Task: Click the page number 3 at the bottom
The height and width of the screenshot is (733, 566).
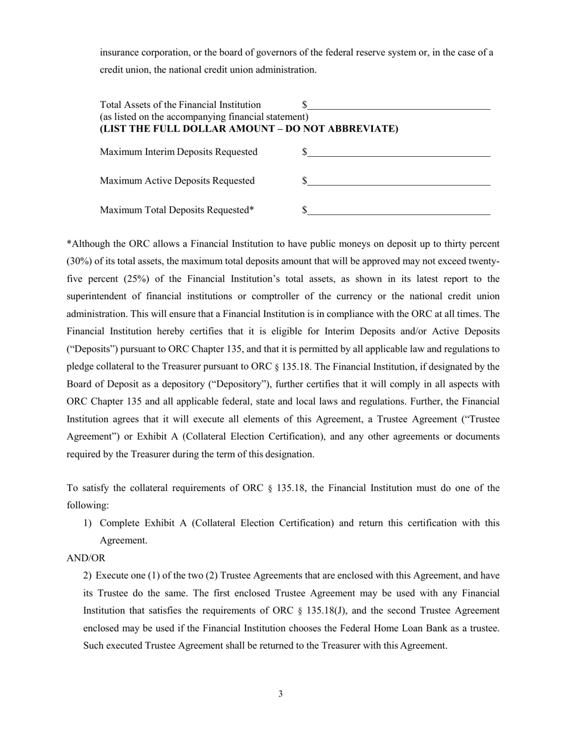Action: click(280, 694)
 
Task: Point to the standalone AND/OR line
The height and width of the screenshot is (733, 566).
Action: click(86, 558)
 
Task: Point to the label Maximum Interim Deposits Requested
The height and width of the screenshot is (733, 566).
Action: click(179, 152)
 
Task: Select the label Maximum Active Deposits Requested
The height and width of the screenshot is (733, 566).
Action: click(177, 181)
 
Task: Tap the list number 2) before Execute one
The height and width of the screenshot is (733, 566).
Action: click(88, 576)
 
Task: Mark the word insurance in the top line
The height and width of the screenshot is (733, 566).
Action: click(120, 52)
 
